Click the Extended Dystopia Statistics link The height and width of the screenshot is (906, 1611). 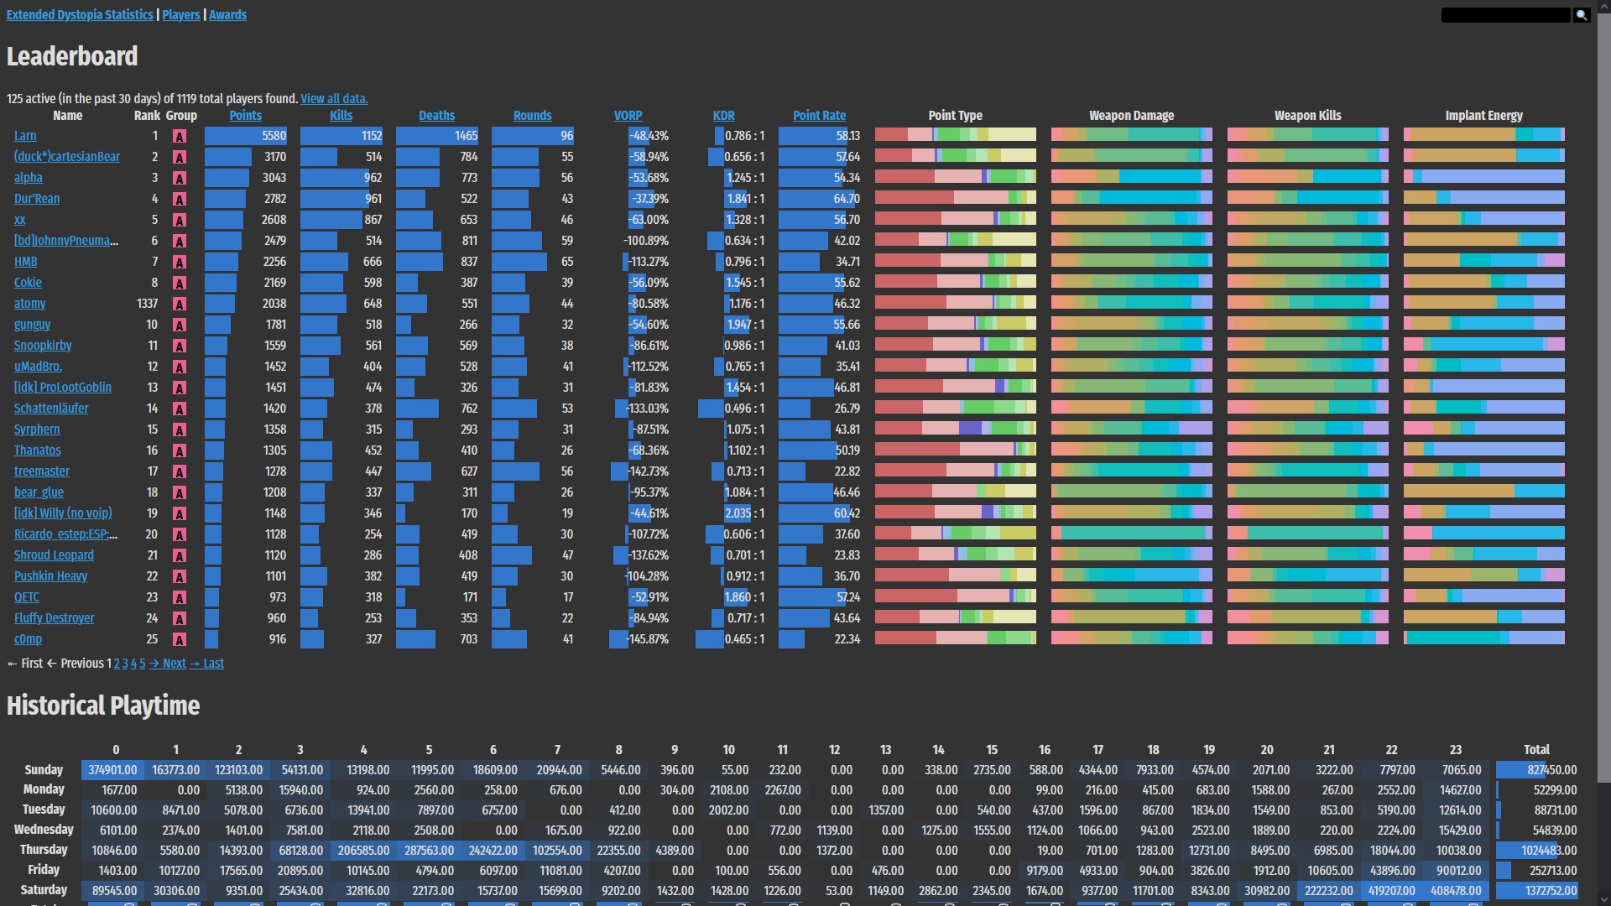(x=80, y=15)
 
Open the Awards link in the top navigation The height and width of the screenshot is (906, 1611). (x=227, y=15)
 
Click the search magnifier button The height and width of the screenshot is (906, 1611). (x=1582, y=15)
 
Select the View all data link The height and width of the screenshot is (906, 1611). (x=334, y=99)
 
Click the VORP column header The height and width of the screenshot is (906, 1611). (x=628, y=116)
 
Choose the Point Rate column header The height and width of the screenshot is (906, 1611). (x=819, y=116)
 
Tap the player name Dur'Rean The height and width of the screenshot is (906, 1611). (x=37, y=199)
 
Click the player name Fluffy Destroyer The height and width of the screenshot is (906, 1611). (x=54, y=618)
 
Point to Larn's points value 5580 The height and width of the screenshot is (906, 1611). (x=274, y=136)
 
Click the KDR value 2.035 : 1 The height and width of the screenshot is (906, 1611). (x=744, y=513)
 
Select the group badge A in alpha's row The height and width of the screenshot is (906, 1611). (x=180, y=178)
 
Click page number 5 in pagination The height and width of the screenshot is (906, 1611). (x=143, y=664)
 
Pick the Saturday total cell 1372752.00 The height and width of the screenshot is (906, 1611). (x=1551, y=891)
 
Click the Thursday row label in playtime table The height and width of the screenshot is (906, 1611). (x=44, y=850)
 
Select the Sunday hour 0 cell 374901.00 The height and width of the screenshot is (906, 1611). (x=112, y=770)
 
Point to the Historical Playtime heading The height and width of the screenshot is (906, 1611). (x=103, y=706)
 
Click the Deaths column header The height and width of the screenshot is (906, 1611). (x=436, y=116)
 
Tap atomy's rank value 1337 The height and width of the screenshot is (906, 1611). (x=147, y=304)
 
